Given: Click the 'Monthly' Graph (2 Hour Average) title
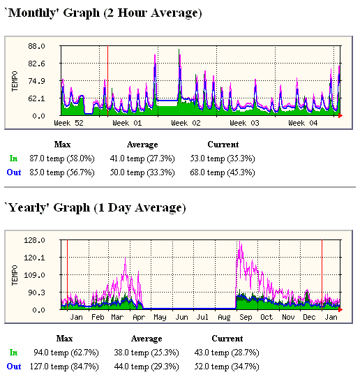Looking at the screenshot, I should (x=103, y=13).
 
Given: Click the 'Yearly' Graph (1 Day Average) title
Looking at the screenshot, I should (x=95, y=207).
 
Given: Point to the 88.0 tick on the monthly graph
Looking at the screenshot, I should (x=37, y=46).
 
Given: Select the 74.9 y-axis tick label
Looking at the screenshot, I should (x=37, y=81).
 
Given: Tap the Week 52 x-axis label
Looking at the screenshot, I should (x=68, y=123).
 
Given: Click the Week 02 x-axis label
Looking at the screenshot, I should (x=186, y=123).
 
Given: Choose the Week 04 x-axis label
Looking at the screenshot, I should (x=303, y=123).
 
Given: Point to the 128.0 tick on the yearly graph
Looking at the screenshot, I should (x=35, y=240).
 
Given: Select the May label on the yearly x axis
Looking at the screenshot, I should (x=160, y=317).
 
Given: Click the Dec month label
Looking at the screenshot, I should (x=309, y=317).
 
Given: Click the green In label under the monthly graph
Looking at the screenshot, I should (x=13, y=158).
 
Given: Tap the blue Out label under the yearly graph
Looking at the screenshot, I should (x=14, y=366).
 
